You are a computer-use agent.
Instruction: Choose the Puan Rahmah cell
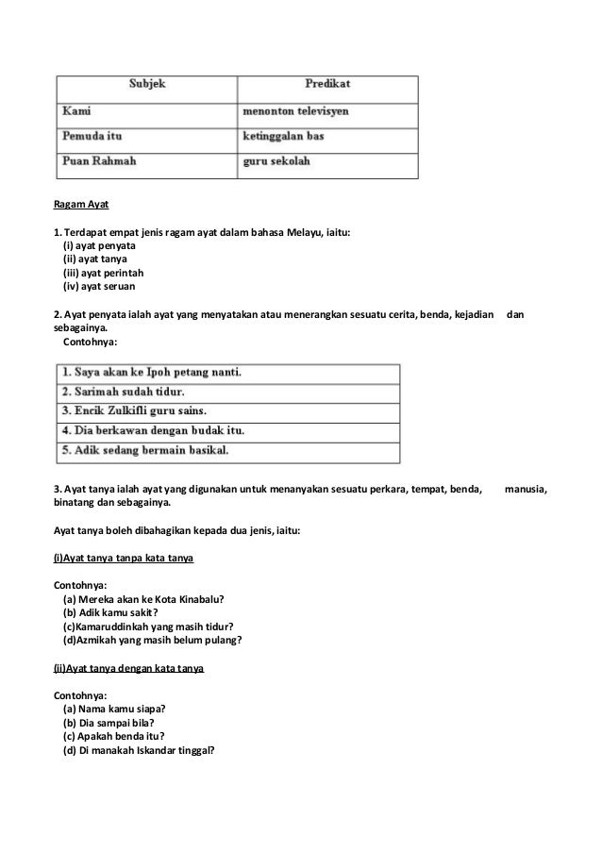click(x=99, y=162)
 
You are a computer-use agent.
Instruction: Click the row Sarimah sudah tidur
click(x=123, y=392)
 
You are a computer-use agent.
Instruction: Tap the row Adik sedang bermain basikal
click(x=144, y=451)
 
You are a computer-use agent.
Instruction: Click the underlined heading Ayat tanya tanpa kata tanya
click(x=123, y=560)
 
